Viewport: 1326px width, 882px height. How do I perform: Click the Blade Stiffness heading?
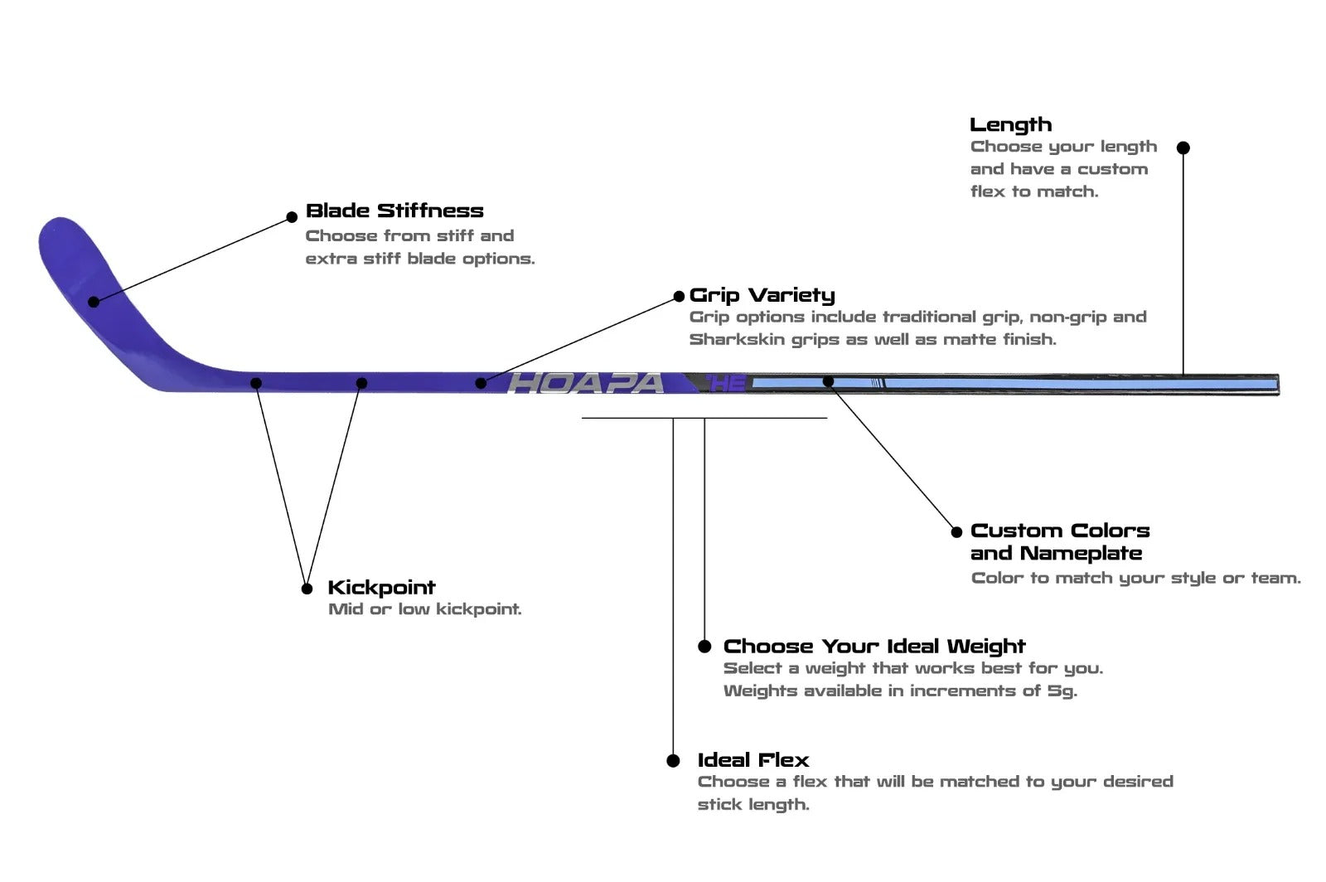pos(394,211)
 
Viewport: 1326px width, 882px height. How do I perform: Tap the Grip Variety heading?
pos(762,295)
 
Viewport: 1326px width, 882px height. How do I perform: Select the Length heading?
pos(1010,124)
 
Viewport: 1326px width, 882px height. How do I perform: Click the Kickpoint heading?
pos(381,588)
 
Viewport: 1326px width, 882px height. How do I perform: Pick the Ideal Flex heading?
pos(753,760)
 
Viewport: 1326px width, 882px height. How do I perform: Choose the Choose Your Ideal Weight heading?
pos(874,647)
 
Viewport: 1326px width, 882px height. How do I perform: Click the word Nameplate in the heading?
pos(1081,553)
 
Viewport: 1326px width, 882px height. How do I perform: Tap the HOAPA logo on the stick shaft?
pos(586,383)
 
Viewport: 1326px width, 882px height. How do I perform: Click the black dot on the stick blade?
pos(94,302)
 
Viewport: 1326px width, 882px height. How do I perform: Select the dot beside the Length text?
pos(1183,148)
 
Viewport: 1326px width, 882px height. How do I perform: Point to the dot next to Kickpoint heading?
pos(307,589)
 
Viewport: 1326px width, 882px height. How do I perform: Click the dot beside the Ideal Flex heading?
pos(673,761)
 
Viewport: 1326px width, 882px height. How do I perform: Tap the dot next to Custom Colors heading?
pos(956,531)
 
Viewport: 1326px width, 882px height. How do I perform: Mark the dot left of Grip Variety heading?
pos(679,297)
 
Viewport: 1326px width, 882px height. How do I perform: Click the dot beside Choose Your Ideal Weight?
pos(704,647)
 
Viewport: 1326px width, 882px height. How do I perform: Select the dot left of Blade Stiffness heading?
pos(292,217)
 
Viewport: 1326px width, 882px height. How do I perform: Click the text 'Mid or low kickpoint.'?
pos(425,609)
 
